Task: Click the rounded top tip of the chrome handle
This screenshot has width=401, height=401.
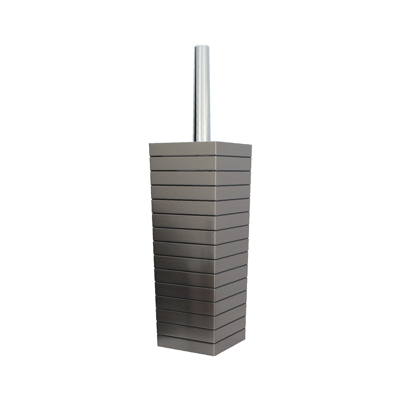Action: point(202,47)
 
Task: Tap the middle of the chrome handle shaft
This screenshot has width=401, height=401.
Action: point(202,94)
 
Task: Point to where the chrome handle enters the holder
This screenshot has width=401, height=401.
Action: point(202,141)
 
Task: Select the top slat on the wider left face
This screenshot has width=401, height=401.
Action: point(182,149)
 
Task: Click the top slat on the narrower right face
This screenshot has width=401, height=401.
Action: point(233,149)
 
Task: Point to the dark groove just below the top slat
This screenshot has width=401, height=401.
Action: point(183,156)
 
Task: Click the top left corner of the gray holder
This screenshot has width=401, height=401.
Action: point(150,143)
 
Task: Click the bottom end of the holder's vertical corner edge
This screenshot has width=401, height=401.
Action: point(215,356)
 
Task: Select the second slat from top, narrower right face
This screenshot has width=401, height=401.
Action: point(233,163)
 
